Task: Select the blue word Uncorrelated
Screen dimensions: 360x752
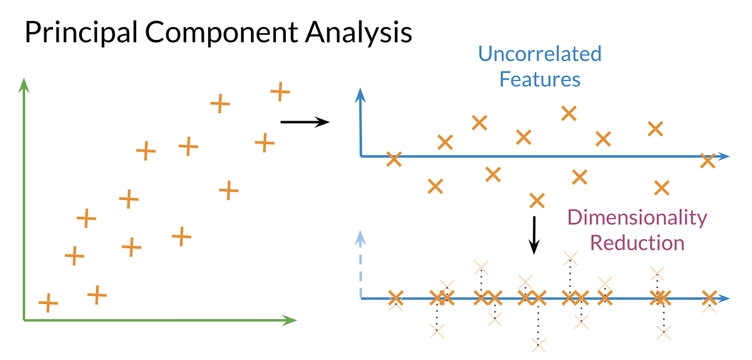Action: pyautogui.click(x=539, y=54)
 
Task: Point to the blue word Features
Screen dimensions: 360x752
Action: pyautogui.click(x=539, y=79)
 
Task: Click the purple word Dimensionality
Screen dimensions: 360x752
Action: pyautogui.click(x=637, y=218)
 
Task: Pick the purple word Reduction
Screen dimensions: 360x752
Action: pyautogui.click(x=637, y=243)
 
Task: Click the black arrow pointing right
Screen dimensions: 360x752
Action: pyautogui.click(x=305, y=122)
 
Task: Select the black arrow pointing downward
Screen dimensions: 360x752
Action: pyautogui.click(x=534, y=235)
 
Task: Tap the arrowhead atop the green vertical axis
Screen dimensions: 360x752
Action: pyautogui.click(x=23, y=84)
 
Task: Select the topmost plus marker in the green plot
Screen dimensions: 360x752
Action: pyautogui.click(x=280, y=91)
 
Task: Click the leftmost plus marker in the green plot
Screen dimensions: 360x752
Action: pyautogui.click(x=48, y=303)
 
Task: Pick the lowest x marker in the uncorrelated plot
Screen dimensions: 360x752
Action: pyautogui.click(x=537, y=200)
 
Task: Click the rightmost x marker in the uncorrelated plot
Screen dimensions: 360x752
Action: pyautogui.click(x=707, y=161)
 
